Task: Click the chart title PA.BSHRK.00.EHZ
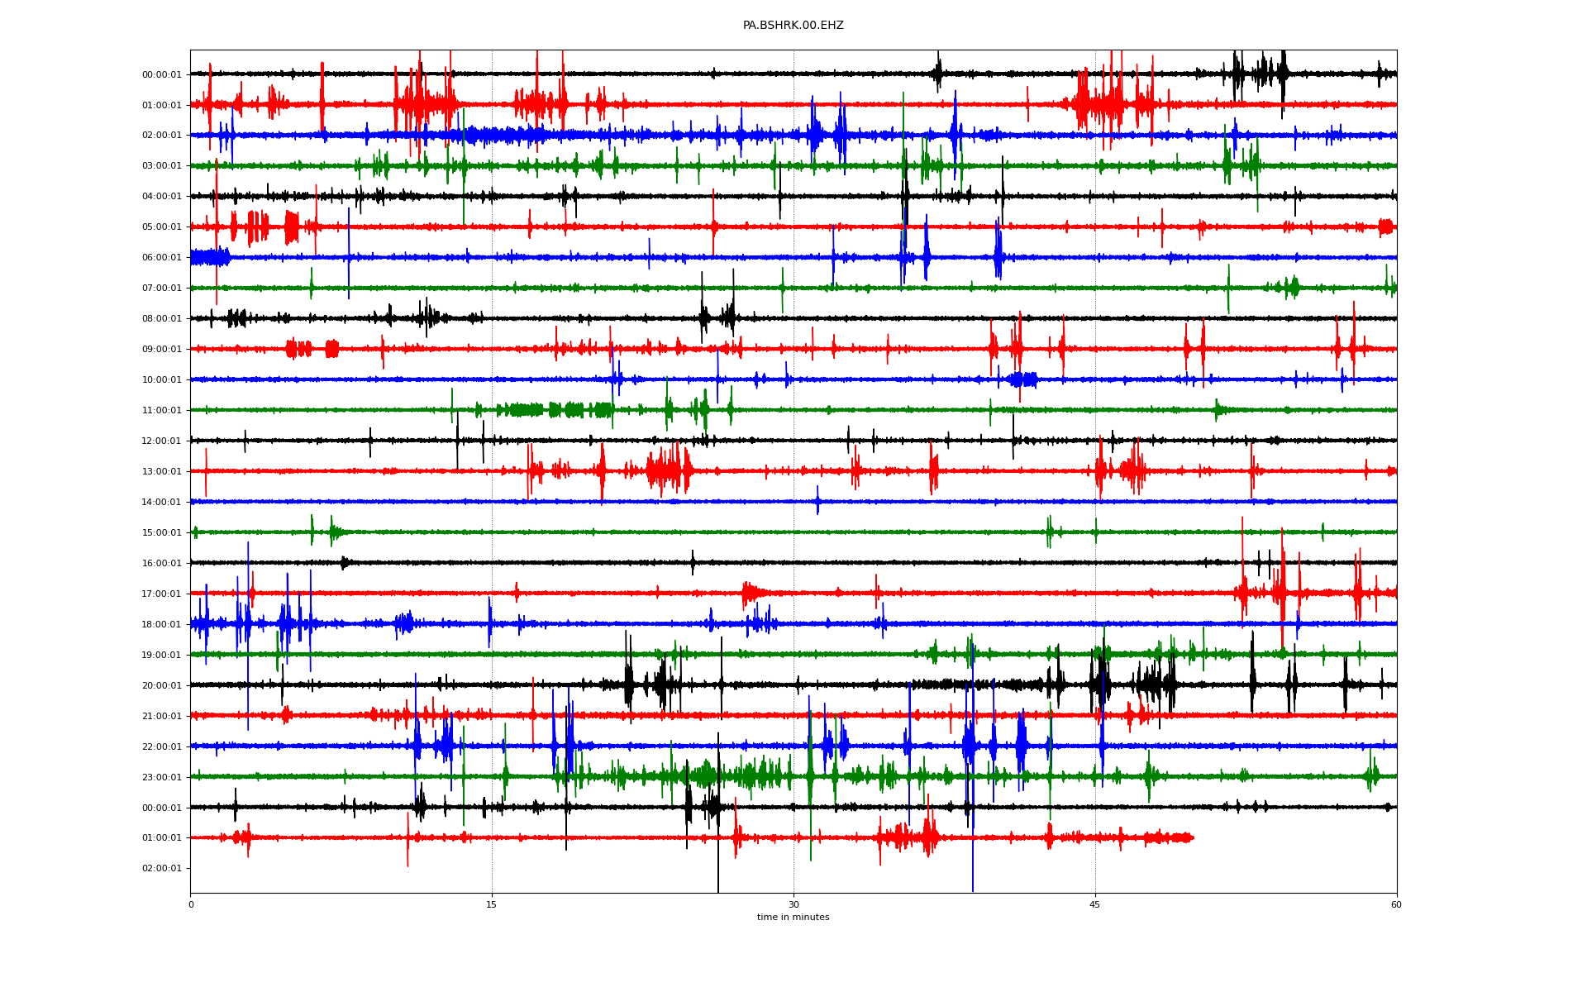pos(793,26)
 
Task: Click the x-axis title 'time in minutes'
pos(793,918)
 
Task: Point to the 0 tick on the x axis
pos(191,904)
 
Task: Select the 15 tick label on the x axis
pos(492,904)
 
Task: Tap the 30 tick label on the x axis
pos(793,904)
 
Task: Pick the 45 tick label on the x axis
pos(1095,904)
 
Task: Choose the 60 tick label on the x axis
pos(1396,904)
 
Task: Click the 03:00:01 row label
pos(161,166)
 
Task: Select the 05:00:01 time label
pos(161,227)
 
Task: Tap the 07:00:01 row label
pos(161,289)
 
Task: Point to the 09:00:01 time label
pos(161,350)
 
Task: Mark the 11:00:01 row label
pos(161,411)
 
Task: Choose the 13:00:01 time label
pos(161,472)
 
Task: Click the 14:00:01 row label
pos(161,503)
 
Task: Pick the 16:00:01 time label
pos(161,564)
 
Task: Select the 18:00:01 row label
pos(161,625)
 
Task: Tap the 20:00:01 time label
pos(161,686)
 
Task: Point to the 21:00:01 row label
pos(161,717)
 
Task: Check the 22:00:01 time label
pos(161,747)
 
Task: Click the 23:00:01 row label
pos(161,778)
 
